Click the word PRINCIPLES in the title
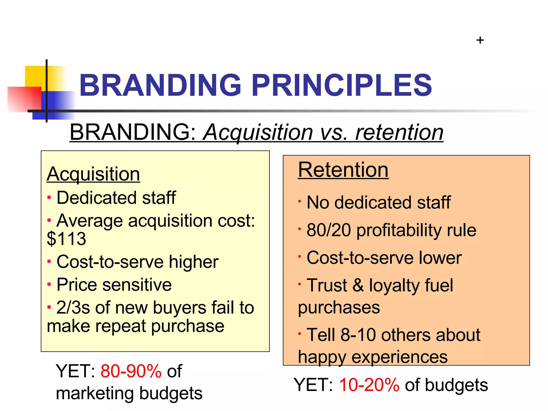coord(342,85)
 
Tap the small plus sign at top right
coord(480,40)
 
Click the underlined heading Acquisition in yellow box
coord(93,174)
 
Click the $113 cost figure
coord(66,239)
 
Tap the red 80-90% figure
coord(131,371)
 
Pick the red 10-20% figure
coord(369,385)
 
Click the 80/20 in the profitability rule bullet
coord(328,230)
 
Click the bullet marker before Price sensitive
coord(49,284)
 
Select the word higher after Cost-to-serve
coord(193,262)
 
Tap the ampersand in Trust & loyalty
coord(358,285)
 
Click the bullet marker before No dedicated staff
coord(300,201)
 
